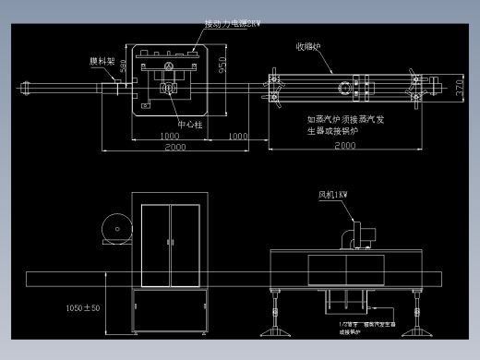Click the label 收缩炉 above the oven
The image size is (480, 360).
[x=308, y=44]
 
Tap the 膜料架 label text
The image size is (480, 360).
[x=102, y=62]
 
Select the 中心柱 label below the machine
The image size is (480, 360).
[x=189, y=120]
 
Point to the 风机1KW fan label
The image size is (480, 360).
[x=339, y=195]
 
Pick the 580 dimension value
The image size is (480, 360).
[x=126, y=69]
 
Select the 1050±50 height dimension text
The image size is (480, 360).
[x=83, y=307]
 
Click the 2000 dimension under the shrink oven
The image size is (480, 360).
[x=345, y=146]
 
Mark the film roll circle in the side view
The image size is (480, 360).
[x=116, y=228]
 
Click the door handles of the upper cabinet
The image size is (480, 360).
[x=170, y=242]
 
